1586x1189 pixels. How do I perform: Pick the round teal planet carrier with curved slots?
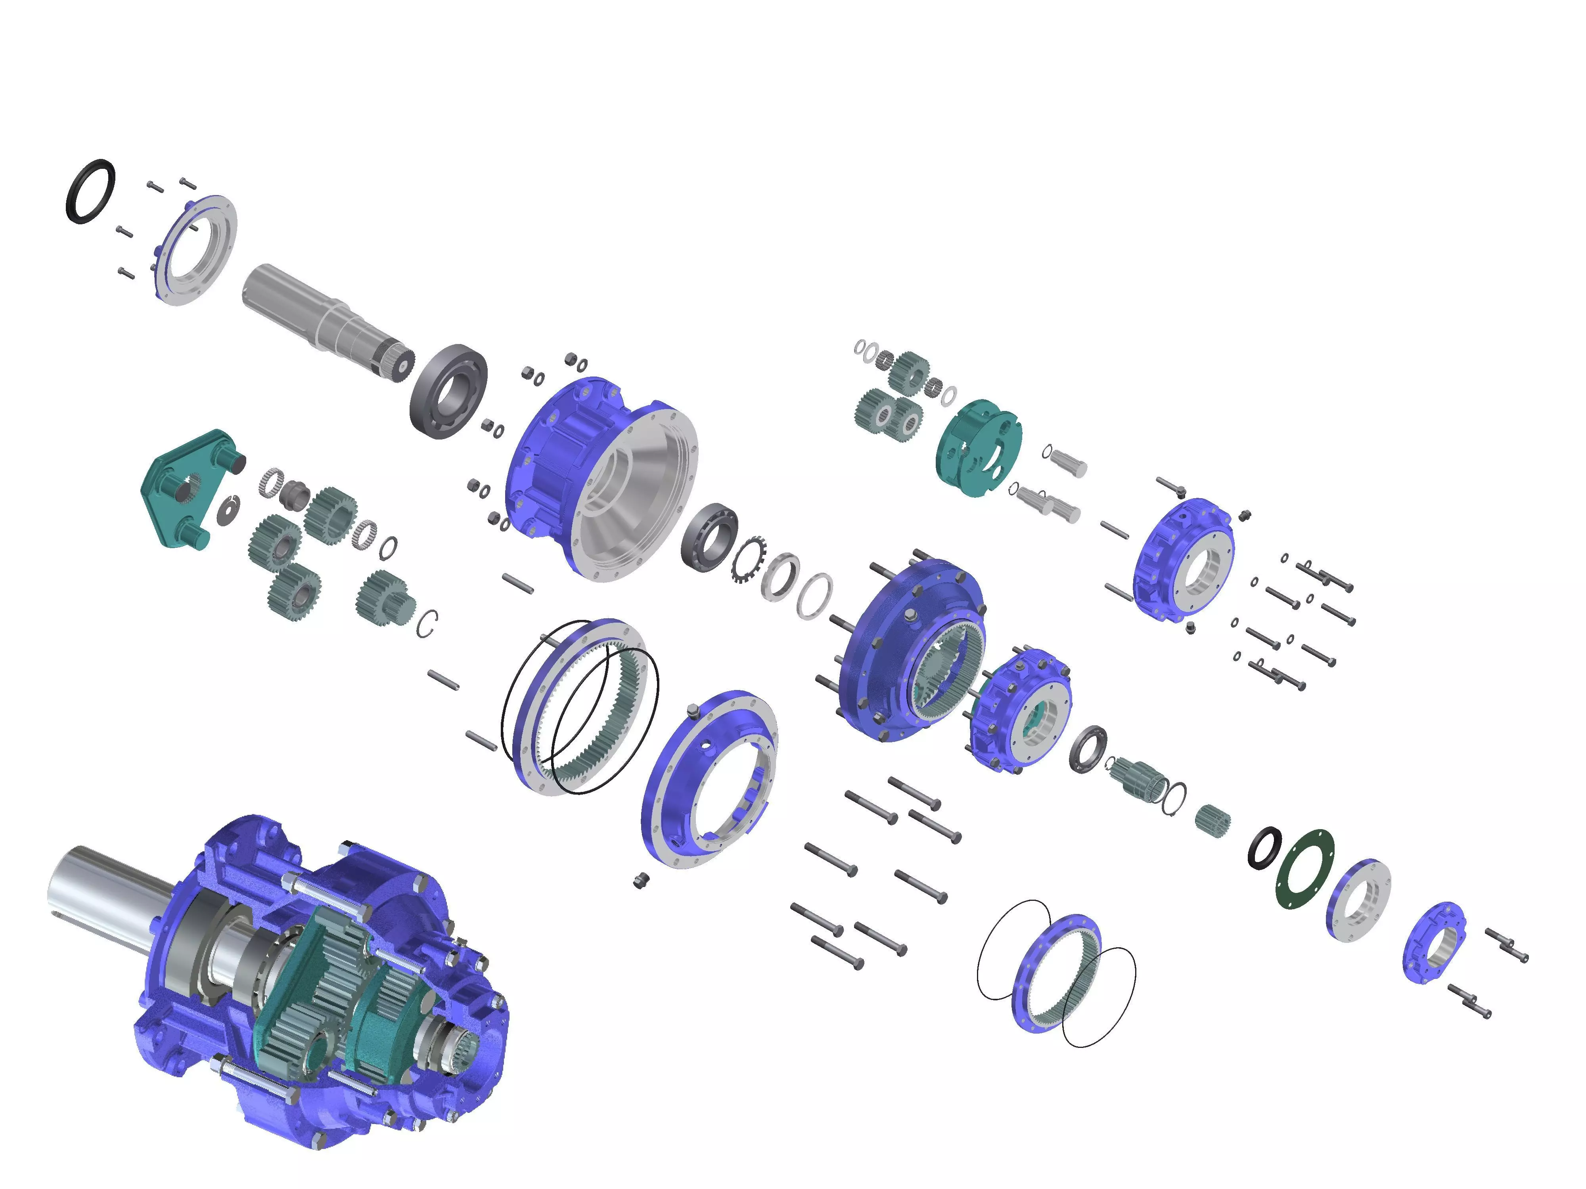[979, 448]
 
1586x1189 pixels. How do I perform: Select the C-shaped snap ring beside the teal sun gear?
[427, 623]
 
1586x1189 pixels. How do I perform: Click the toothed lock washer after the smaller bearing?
[748, 559]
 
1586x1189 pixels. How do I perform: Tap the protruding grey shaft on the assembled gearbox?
[107, 892]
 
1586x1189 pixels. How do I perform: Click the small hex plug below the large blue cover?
[640, 880]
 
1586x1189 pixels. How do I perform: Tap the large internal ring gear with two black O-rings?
[581, 706]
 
